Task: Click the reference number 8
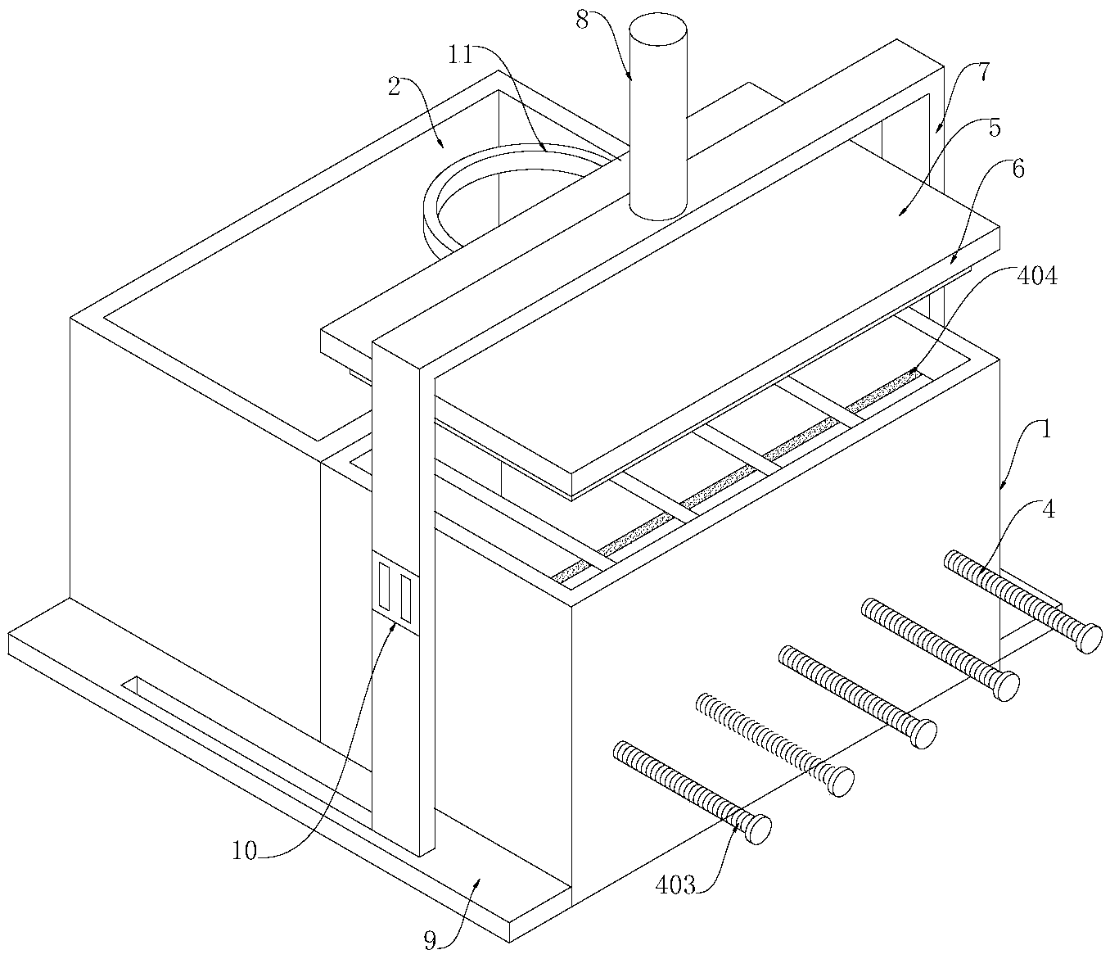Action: pyautogui.click(x=582, y=20)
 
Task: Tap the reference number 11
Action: pyautogui.click(x=460, y=56)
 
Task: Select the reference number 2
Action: pyautogui.click(x=395, y=87)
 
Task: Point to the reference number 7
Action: pyautogui.click(x=982, y=73)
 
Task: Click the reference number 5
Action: pyautogui.click(x=995, y=129)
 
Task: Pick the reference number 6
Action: pyautogui.click(x=1018, y=170)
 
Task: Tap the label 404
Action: pyautogui.click(x=1037, y=277)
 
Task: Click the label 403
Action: pyautogui.click(x=675, y=884)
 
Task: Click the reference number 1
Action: pyautogui.click(x=1045, y=430)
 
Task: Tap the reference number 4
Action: pyautogui.click(x=1049, y=509)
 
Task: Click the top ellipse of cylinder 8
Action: pyautogui.click(x=658, y=30)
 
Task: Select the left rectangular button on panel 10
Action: pyautogui.click(x=384, y=585)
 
